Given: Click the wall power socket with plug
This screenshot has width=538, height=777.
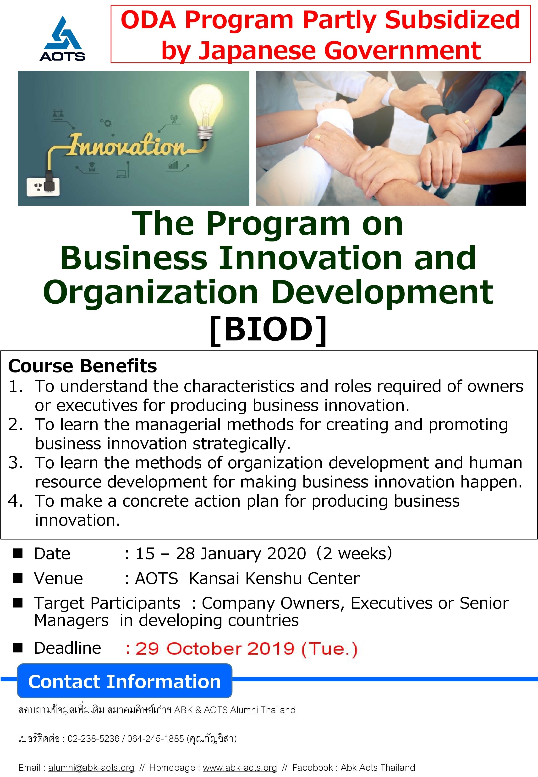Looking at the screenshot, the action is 44,185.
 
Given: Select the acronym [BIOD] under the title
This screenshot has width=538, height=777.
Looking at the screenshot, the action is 268,329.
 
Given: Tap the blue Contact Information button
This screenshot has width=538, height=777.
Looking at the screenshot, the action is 125,681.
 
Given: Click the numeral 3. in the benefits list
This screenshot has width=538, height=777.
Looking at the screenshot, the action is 16,463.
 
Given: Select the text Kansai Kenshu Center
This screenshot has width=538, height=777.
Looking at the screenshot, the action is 274,579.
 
